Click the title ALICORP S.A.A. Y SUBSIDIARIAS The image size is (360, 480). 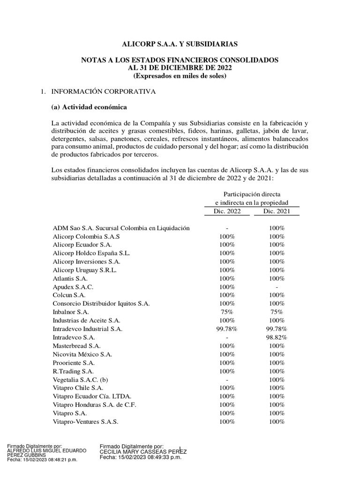click(180, 44)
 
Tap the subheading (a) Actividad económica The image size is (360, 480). click(89, 107)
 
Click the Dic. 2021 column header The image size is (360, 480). click(277, 211)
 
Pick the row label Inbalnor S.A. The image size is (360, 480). click(71, 312)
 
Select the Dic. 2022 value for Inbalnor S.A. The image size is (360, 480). click(227, 312)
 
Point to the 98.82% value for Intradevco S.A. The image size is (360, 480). click(277, 337)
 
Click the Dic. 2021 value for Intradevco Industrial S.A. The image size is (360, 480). click(277, 329)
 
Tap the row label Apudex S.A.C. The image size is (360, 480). click(73, 286)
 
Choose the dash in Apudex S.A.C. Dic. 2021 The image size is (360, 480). click(277, 286)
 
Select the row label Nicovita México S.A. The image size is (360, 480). click(82, 354)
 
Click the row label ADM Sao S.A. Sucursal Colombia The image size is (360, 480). click(121, 228)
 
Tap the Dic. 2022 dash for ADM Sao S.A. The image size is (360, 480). click(227, 228)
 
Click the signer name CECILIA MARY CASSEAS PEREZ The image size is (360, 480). click(143, 451)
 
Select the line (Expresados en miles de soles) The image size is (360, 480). click(180, 75)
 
